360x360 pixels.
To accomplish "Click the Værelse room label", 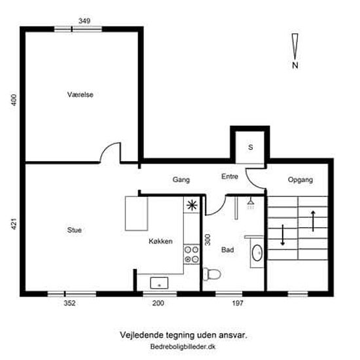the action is point(80,95).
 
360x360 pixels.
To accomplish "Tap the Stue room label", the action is point(74,230).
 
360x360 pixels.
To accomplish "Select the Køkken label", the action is point(160,241).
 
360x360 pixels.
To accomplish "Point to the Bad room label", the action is point(228,249).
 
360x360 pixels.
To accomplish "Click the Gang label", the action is point(181,179).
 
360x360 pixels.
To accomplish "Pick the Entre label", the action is point(230,176).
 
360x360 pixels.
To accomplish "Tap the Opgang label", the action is point(300,180).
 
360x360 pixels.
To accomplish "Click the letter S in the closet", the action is point(251,147).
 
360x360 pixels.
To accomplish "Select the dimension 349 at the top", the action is point(84,21).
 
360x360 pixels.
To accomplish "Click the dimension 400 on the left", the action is point(14,100).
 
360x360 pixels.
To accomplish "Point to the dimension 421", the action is point(14,224).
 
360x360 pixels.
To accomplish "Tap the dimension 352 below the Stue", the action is point(69,303).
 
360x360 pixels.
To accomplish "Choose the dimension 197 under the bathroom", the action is point(238,303).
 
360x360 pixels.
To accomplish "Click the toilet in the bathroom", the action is point(212,274).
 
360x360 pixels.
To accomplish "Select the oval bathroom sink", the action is point(257,253).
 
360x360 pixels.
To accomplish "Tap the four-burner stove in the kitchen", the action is point(192,254).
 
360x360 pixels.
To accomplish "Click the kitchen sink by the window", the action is point(159,283).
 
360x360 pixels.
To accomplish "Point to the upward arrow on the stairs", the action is point(313,221).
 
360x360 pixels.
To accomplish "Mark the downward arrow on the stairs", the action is point(283,235).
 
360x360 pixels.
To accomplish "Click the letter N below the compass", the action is point(295,65).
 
